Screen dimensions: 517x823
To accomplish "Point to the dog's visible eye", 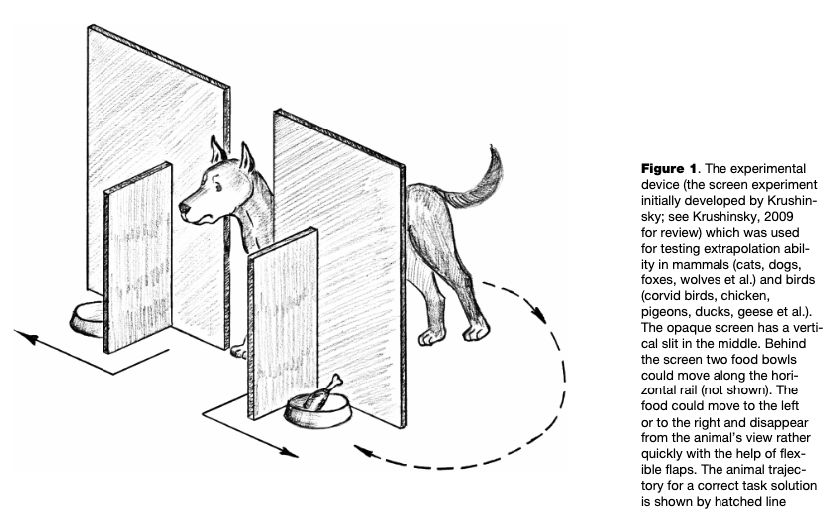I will [214, 186].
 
